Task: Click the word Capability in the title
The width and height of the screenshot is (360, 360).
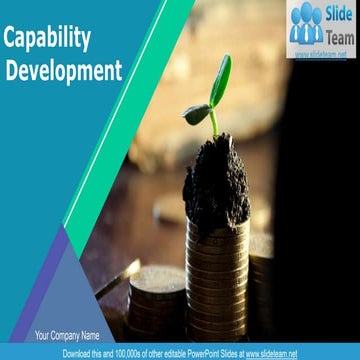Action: [x=48, y=39]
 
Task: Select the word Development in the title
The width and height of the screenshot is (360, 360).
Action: [x=64, y=70]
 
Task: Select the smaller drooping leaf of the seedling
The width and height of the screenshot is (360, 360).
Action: [x=196, y=113]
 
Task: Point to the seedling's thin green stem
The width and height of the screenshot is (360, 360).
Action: [x=213, y=124]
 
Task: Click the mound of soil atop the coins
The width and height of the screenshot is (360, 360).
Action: [x=216, y=180]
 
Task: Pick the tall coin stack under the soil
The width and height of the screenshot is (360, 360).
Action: [x=218, y=280]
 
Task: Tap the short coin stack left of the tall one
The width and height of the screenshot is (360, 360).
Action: [x=157, y=300]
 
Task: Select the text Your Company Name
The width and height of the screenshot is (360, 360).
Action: [x=67, y=335]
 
